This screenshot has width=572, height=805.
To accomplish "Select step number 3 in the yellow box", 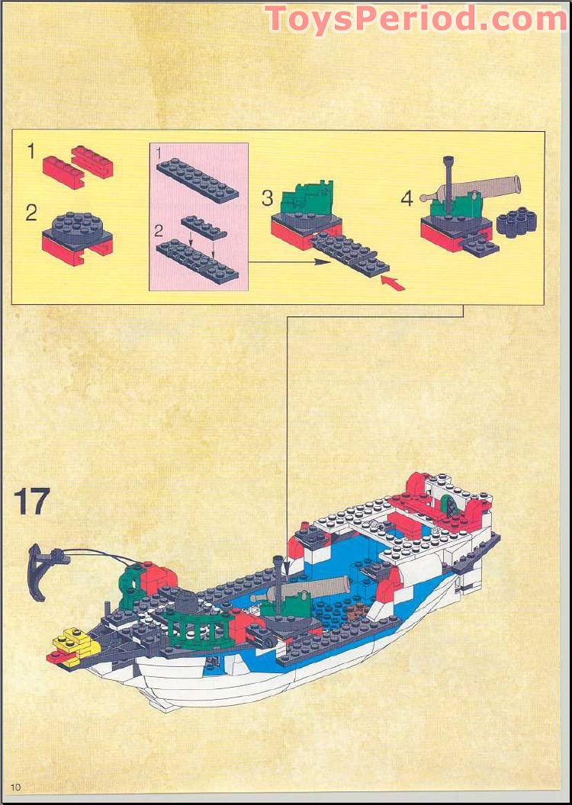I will pos(267,198).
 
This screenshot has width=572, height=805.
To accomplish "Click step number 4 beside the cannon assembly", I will pos(407,198).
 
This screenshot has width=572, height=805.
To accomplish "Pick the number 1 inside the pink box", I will pos(159,153).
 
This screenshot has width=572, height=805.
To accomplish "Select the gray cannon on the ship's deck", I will pos(320,589).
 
